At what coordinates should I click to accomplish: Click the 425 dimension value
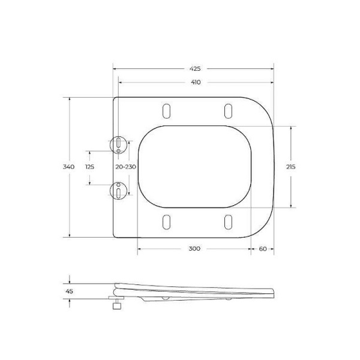tap(196, 69)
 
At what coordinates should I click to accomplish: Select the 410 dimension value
tap(196, 82)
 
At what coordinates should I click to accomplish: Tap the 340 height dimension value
tap(69, 167)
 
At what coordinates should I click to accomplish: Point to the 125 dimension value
tap(89, 167)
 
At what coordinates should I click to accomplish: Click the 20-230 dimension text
tap(126, 167)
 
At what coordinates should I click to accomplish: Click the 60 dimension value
tap(263, 248)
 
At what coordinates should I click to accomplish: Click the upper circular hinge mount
tap(119, 144)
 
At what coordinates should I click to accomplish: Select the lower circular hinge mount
tap(119, 190)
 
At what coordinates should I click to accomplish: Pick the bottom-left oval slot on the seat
tap(166, 221)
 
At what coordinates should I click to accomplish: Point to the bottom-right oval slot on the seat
tap(228, 221)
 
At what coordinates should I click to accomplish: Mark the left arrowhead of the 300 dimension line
tap(140, 248)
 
